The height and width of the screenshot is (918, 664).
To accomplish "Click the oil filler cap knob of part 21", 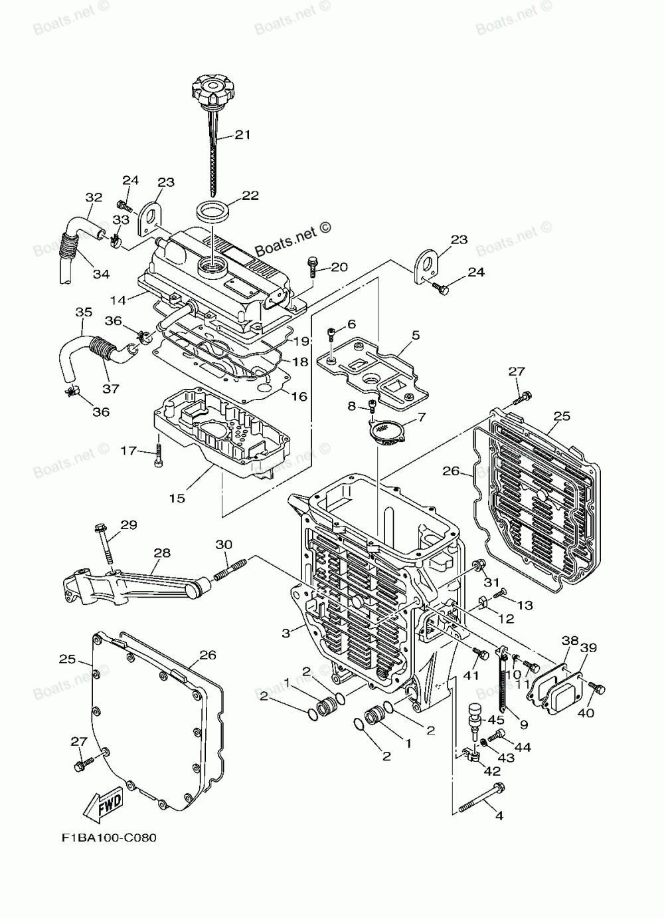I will pyautogui.click(x=211, y=86).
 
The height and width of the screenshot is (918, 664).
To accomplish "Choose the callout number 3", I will pyautogui.click(x=286, y=633).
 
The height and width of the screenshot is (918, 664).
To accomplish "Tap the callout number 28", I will pyautogui.click(x=162, y=552).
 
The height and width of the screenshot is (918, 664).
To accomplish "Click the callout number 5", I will pyautogui.click(x=415, y=336).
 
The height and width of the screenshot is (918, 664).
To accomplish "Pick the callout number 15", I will pyautogui.click(x=177, y=497).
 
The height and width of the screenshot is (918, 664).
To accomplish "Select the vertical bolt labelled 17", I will pyautogui.click(x=157, y=455).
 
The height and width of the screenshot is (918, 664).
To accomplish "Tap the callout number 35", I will pyautogui.click(x=84, y=312).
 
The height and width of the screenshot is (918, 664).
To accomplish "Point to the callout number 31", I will pyautogui.click(x=491, y=583).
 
